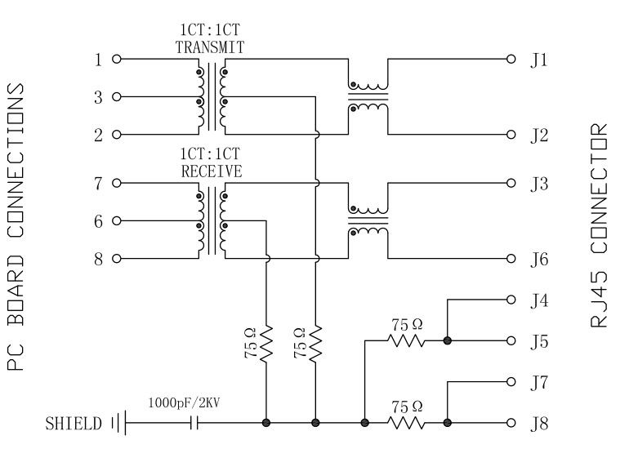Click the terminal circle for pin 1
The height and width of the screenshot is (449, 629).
116,60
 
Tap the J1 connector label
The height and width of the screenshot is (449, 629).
539,60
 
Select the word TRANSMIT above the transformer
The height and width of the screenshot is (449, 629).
210,48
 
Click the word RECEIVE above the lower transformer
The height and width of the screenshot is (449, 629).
211,171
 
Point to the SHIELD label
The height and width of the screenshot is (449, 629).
74,424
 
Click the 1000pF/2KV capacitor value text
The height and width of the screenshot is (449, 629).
181,403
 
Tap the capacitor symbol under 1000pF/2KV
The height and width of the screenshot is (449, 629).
194,423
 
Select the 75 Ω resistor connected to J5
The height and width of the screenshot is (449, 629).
406,340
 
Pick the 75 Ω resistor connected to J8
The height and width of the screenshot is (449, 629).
406,423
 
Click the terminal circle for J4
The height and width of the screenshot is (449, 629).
511,299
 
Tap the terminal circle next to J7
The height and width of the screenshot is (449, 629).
511,381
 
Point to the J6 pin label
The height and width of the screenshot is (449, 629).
539,260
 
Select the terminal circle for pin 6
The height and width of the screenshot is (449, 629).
116,220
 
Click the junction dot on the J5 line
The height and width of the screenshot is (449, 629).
447,340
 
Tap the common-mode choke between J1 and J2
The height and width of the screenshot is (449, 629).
368,96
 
